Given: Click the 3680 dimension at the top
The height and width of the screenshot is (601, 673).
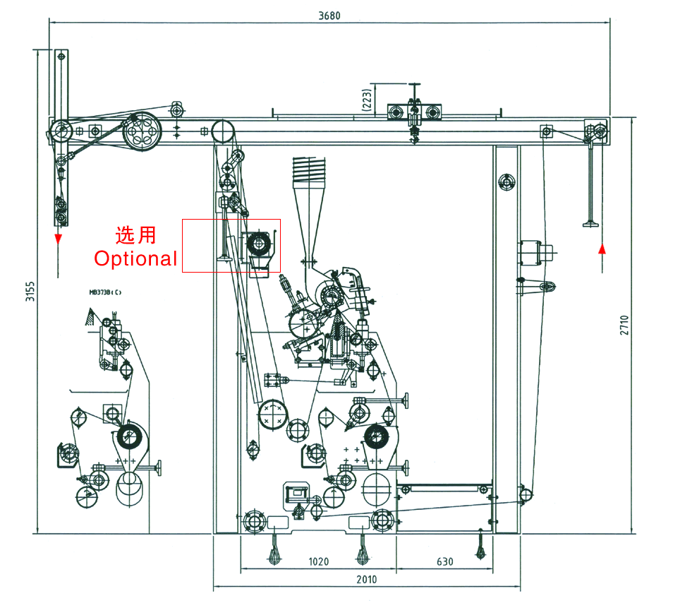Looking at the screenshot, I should (329, 16).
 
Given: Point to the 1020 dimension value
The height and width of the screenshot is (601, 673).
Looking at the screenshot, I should (318, 562).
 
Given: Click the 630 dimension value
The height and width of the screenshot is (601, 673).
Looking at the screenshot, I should (444, 562).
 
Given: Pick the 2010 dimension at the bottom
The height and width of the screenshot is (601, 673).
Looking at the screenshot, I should (366, 580).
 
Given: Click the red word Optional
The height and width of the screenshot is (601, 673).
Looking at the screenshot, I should (136, 258).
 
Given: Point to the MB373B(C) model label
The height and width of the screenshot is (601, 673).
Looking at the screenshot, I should (104, 292).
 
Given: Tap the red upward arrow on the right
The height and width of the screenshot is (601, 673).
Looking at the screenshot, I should (602, 249).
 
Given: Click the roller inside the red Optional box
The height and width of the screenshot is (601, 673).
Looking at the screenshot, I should (257, 244).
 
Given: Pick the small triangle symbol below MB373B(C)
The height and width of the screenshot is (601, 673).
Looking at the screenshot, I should (90, 316).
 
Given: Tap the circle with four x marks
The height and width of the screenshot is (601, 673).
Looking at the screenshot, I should (273, 415).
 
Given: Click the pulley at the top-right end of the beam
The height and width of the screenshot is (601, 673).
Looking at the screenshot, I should (597, 131).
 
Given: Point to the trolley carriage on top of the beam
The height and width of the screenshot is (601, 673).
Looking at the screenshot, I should (414, 112).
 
